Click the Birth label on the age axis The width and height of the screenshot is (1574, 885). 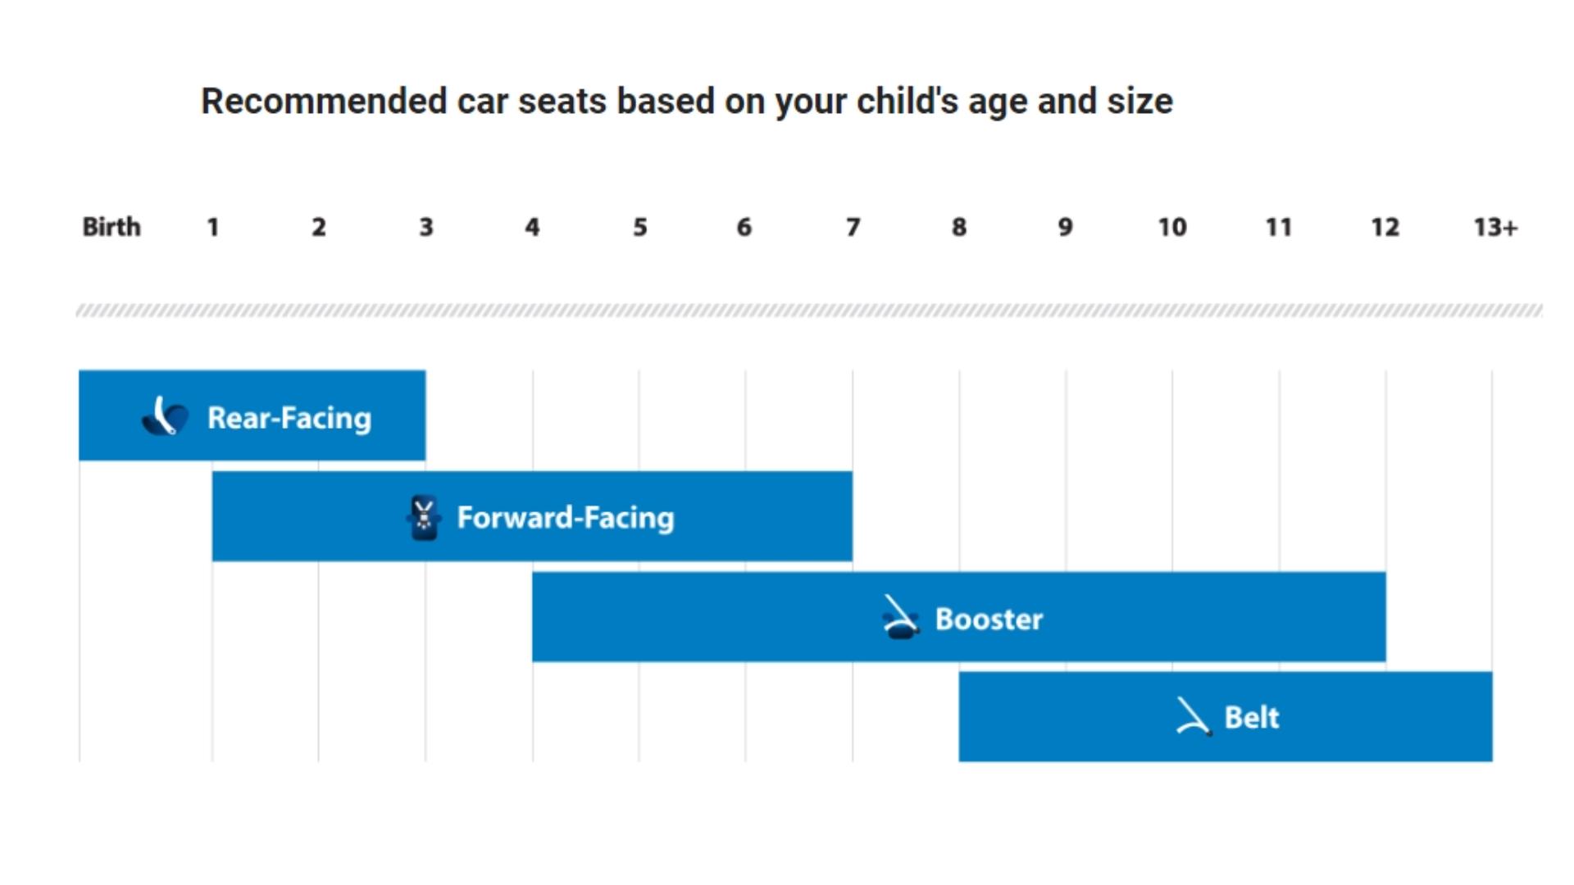[x=111, y=227]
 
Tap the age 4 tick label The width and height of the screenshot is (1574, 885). [x=532, y=227]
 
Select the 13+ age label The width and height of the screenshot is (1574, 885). [x=1495, y=227]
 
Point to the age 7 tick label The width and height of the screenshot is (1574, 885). [x=853, y=227]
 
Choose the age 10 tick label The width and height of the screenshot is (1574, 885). [x=1171, y=227]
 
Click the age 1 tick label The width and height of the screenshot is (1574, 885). [x=212, y=227]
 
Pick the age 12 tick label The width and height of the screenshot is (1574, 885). [x=1385, y=227]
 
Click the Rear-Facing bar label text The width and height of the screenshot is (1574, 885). [x=289, y=418]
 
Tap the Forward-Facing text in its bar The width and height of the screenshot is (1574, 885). [x=566, y=518]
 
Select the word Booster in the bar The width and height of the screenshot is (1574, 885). [x=989, y=619]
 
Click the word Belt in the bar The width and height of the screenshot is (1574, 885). [x=1251, y=718]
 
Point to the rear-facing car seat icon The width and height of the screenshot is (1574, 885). [x=166, y=416]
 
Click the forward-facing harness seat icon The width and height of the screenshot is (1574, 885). [x=424, y=518]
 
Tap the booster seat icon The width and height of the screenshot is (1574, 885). [x=900, y=618]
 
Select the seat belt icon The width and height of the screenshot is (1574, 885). [x=1193, y=717]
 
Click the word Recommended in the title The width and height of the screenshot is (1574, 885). [x=324, y=102]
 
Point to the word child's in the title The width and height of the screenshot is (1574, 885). [x=907, y=102]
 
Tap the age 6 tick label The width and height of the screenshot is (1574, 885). [x=744, y=227]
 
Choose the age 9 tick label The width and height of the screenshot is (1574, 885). [x=1065, y=227]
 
